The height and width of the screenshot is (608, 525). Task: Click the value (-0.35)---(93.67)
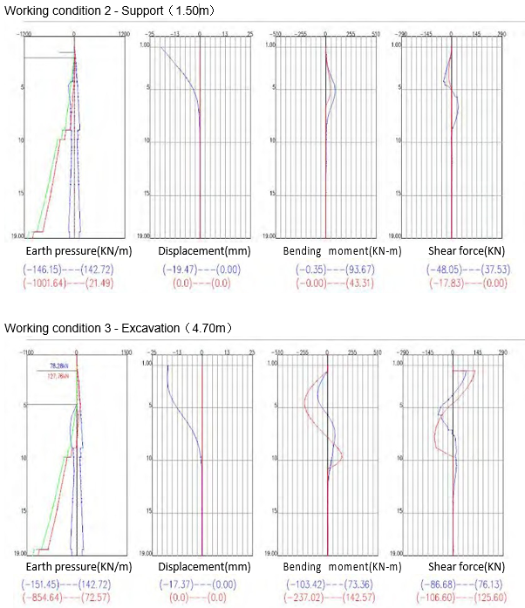pos(326,270)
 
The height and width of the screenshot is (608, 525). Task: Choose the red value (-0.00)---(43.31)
pos(326,284)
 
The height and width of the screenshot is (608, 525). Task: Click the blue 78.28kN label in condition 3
pos(60,365)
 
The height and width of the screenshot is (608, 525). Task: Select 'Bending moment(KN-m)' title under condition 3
pos(331,568)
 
